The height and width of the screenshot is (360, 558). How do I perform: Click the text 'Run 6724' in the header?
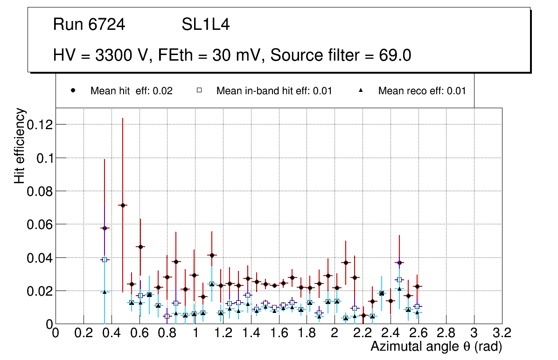pos(89,25)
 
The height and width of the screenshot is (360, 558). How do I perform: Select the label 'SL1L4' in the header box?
pos(205,25)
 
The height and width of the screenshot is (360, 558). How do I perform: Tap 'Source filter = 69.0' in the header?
pos(341,55)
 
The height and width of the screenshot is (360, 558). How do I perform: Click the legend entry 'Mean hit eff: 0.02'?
pos(131,91)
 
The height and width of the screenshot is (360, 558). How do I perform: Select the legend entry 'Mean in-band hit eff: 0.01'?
pos(274,91)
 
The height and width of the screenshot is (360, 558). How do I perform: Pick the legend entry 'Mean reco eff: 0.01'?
pos(422,91)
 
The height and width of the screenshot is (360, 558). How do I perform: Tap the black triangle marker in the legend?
pos(361,91)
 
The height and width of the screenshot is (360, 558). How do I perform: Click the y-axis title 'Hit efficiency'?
pos(20,145)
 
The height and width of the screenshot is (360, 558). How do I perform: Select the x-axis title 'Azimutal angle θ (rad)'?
pos(436,346)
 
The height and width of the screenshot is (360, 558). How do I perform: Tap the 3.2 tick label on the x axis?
pos(502,334)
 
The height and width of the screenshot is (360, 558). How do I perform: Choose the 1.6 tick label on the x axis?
pos(279,334)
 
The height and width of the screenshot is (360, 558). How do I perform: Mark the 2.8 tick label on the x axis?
pos(446,334)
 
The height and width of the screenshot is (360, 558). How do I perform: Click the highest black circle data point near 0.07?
pos(123,205)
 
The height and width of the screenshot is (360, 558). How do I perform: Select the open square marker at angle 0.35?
pos(105,260)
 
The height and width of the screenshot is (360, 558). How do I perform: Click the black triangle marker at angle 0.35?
pos(105,292)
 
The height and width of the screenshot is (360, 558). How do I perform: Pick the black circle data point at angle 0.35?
pos(105,228)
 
